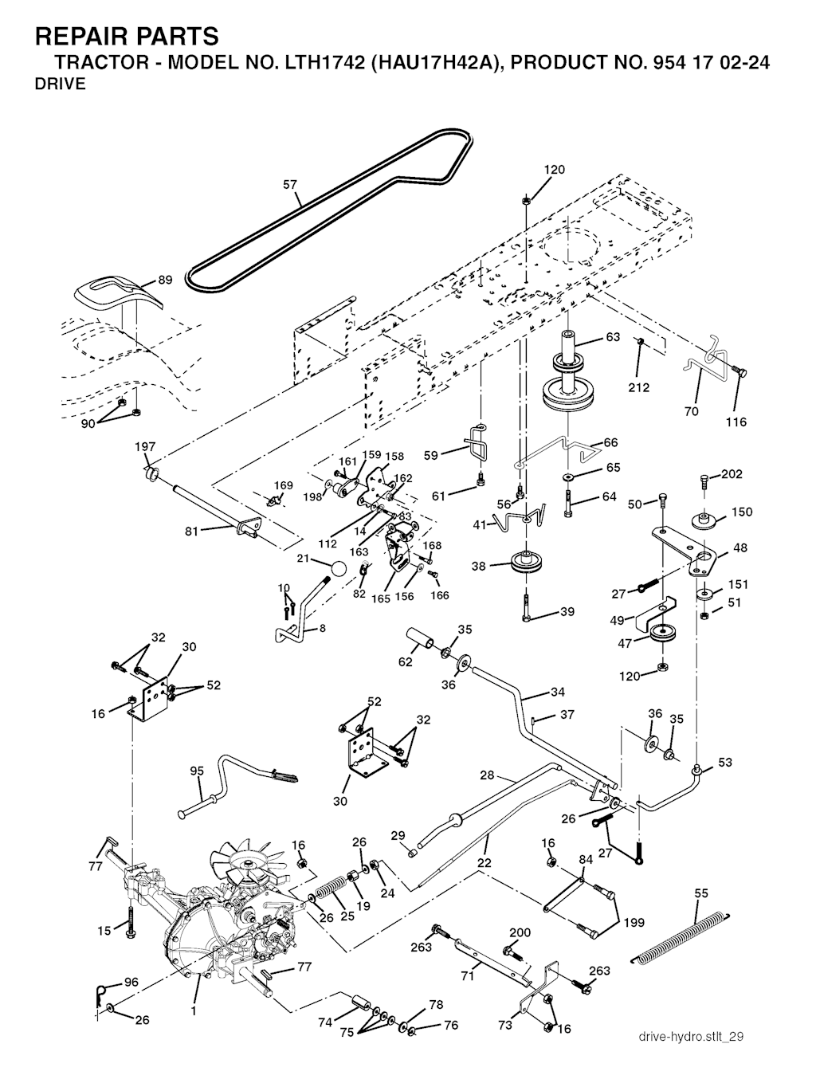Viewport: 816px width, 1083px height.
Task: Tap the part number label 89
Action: (165, 280)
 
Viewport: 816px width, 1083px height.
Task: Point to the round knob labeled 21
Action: (338, 570)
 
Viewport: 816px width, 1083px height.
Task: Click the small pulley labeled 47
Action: (661, 635)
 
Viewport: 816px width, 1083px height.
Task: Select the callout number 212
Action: (639, 387)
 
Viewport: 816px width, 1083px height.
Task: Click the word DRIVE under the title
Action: (61, 85)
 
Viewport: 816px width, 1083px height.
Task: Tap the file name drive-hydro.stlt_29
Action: (691, 1037)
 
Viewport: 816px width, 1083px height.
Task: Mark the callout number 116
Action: (736, 422)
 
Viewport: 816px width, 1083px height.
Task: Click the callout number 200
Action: (520, 932)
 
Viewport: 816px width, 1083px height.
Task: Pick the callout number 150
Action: (741, 512)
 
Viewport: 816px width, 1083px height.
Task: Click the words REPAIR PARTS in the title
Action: (127, 36)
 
